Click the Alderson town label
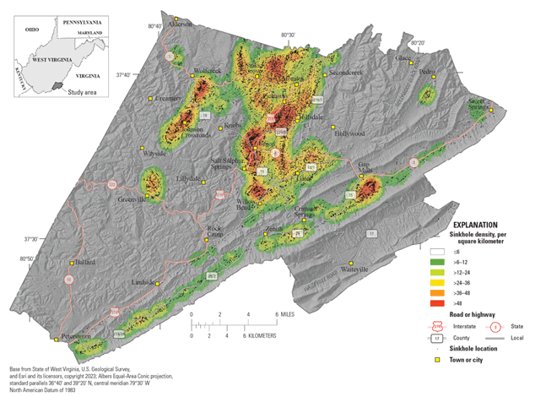(x=180, y=24)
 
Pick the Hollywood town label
(x=349, y=133)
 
